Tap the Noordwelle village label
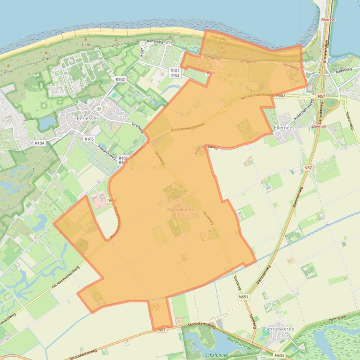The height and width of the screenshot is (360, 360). (x=181, y=210)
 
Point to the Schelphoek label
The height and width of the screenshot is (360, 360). (x=216, y=355)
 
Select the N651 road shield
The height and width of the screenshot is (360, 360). (x=243, y=297)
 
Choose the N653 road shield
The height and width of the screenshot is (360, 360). (x=279, y=355)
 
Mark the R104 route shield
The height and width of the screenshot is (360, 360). (x=39, y=143)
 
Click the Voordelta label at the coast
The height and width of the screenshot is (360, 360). (x=219, y=39)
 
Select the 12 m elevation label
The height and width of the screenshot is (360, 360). (x=221, y=53)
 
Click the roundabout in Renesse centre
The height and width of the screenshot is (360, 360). (x=99, y=109)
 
